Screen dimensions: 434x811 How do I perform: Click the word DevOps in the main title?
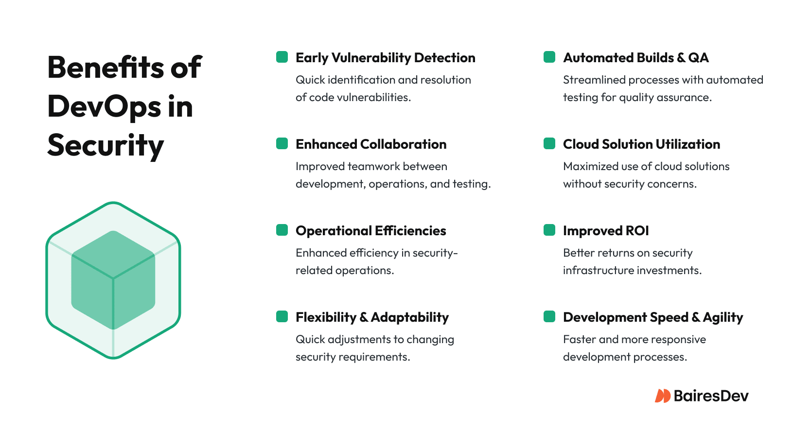(104, 107)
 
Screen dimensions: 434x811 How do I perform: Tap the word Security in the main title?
(106, 145)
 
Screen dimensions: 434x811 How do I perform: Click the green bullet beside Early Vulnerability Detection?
(282, 57)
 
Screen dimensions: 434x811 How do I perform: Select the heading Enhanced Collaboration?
(371, 144)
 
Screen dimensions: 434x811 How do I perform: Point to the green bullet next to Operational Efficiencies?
(282, 230)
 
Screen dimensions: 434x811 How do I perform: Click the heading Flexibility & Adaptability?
(372, 317)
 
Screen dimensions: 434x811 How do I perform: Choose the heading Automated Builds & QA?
(635, 58)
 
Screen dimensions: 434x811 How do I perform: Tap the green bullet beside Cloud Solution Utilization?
(549, 143)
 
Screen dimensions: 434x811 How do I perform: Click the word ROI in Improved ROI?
(637, 231)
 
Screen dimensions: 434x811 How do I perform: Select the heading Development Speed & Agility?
(652, 317)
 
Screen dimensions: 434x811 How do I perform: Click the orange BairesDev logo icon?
(662, 396)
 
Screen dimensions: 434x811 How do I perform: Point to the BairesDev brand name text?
(711, 396)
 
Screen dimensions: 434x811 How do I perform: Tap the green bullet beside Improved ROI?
(549, 230)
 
